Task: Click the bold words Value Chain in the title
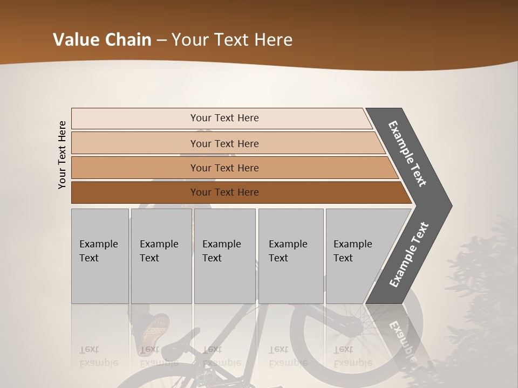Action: click(x=102, y=40)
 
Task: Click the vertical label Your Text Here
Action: click(x=62, y=155)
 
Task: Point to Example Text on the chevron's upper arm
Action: click(x=407, y=154)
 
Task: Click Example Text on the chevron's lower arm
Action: click(x=409, y=255)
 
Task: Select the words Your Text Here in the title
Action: click(x=232, y=40)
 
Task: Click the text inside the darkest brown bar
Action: click(x=224, y=192)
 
